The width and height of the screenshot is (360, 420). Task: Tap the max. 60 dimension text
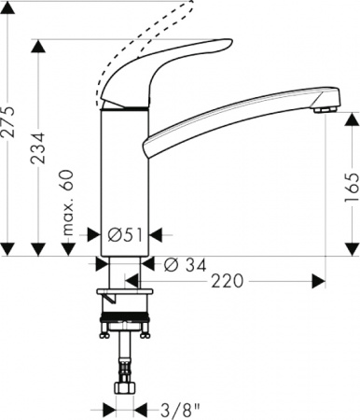[x=68, y=203]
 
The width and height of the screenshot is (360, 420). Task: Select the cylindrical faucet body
[x=124, y=177]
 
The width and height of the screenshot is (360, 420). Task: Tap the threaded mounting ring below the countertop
[x=125, y=317]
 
